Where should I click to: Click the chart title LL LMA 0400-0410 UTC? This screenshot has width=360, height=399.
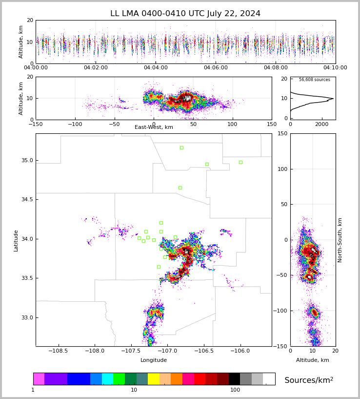[185, 14]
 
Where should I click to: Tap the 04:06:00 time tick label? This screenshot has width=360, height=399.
[216, 68]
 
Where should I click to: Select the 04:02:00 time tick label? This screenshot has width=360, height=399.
[96, 68]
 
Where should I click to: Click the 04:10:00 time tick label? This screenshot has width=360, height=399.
[335, 68]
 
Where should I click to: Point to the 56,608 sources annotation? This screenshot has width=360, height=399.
[314, 80]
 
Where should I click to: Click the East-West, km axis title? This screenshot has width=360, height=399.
[154, 127]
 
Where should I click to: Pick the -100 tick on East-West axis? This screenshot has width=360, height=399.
[75, 124]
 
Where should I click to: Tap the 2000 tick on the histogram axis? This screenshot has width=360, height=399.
[321, 124]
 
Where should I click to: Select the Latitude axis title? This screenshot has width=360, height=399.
[16, 240]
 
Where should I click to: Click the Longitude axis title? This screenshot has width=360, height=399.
[154, 360]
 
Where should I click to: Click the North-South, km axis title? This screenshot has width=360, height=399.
[340, 240]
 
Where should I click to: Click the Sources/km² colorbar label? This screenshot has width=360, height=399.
[309, 380]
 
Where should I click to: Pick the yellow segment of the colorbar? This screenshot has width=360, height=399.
[154, 379]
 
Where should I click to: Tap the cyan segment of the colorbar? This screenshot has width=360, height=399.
[107, 379]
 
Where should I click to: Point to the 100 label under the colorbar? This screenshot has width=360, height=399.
[235, 390]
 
